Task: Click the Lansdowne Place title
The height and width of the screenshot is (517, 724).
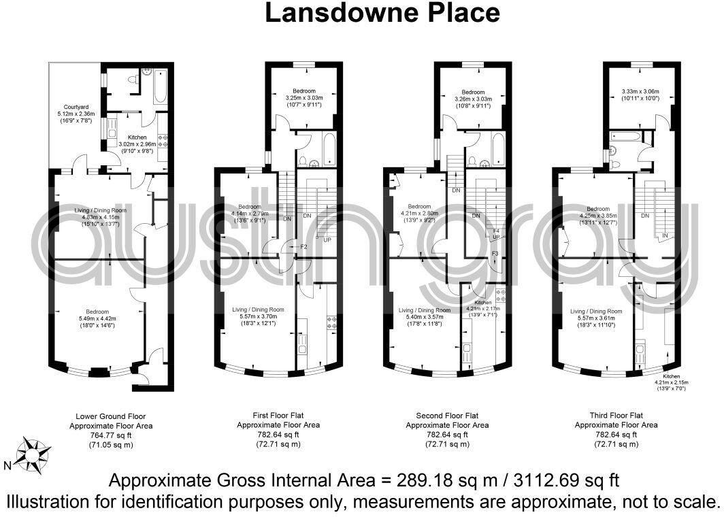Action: tap(382, 12)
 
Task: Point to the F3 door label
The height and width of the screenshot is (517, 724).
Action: tap(495, 254)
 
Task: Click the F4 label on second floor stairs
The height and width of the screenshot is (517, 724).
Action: tap(496, 231)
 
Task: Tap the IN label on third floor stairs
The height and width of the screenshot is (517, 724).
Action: tap(665, 235)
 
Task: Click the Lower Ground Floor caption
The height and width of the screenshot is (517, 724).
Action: tap(111, 416)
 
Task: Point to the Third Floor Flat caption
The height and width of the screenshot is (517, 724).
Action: tap(616, 416)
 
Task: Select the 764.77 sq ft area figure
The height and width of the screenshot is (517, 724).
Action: tap(111, 435)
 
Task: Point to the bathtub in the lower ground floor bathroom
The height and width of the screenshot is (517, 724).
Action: tap(161, 87)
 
